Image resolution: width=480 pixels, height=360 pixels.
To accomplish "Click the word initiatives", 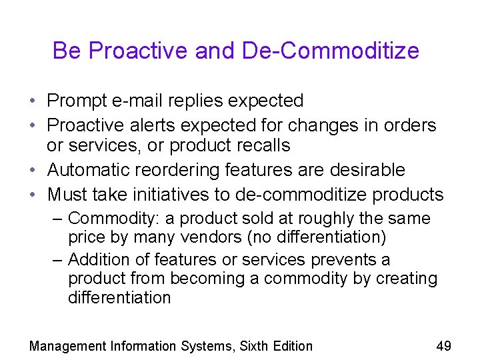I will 197,194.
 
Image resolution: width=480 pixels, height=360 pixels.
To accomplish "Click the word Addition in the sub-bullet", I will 96,259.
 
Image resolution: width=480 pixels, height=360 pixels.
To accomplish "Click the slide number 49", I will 443,345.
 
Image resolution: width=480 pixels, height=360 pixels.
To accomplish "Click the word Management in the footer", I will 68,346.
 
